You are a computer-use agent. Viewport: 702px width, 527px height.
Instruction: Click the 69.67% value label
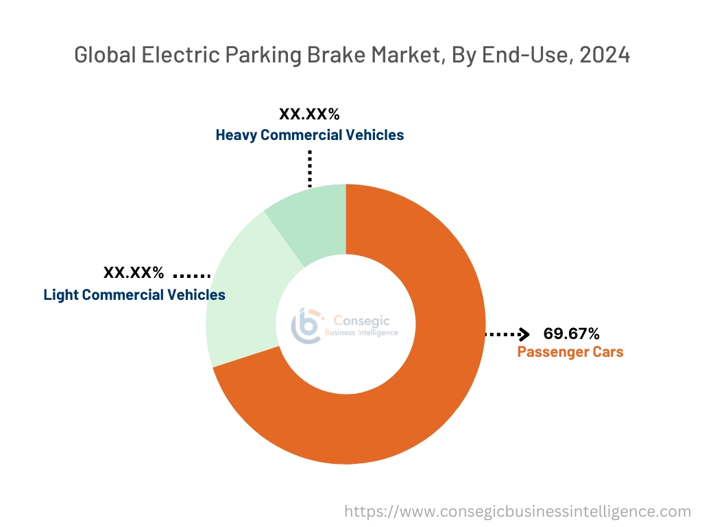coord(571,334)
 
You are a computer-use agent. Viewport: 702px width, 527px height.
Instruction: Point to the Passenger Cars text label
coord(570,352)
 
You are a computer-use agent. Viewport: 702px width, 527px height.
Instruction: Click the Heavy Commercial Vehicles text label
coord(310,134)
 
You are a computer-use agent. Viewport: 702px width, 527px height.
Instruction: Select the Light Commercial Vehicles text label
coord(134,295)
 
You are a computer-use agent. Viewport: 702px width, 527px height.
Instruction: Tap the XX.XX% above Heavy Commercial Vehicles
coord(309,114)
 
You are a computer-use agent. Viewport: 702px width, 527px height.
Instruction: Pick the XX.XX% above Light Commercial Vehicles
coord(134,273)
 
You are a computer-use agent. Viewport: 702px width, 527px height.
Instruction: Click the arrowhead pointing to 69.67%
coord(524,335)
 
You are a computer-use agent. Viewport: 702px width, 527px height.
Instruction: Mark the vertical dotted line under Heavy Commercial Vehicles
coord(310,168)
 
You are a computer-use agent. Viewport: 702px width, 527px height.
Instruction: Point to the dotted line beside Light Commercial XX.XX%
coord(191,275)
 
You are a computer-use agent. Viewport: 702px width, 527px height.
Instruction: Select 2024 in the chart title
coord(605,55)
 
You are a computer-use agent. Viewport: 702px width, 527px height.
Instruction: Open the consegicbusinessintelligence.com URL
coord(518,511)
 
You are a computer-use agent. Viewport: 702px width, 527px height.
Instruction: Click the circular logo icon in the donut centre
coord(306,325)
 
